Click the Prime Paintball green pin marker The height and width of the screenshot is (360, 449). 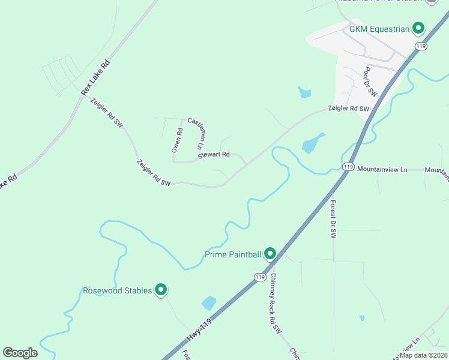point(270,254)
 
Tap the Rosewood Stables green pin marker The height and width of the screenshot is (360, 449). point(160,290)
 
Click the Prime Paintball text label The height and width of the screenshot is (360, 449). point(233,254)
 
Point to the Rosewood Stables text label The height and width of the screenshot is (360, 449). point(118,290)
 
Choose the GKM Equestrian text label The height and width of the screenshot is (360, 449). point(381,28)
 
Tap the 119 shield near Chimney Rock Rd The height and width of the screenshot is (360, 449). point(259,277)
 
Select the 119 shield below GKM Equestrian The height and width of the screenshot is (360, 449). point(421,46)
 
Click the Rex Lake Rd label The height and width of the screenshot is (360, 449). point(96,77)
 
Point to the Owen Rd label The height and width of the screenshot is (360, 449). point(177,140)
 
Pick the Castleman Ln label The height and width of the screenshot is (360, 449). point(196,133)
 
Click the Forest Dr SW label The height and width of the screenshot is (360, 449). point(333,218)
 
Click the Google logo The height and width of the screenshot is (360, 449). point(20,353)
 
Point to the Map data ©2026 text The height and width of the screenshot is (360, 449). point(423,355)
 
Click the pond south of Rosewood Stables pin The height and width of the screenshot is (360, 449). point(208,303)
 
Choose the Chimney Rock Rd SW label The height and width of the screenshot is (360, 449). point(275,303)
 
